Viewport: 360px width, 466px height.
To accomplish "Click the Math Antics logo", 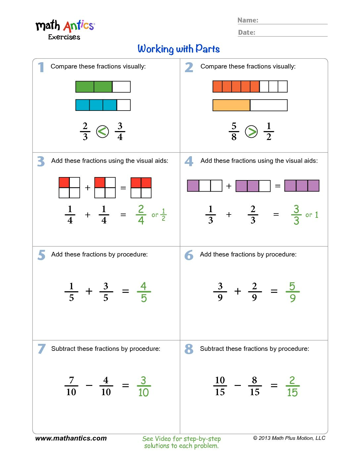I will coord(65,29).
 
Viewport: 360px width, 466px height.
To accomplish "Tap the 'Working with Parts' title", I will coord(179,49).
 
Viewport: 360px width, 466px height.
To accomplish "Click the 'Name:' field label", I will coord(248,20).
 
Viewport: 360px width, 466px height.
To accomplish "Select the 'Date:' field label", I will coord(247,32).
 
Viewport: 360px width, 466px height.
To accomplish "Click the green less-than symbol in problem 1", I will coord(103,132).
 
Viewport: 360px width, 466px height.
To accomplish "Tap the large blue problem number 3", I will coord(41,162).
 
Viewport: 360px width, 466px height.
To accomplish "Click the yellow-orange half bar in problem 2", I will coord(231,105).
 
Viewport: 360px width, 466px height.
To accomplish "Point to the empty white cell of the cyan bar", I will coord(124,105).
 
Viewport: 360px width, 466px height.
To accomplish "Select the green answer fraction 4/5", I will coord(144,292).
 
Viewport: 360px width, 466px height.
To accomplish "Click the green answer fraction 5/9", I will coord(292,292).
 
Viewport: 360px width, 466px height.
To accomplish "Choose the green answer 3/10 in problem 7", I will coord(144,386).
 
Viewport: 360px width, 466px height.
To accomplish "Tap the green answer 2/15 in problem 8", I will coord(292,386).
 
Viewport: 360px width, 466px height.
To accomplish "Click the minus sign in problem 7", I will coord(89,386).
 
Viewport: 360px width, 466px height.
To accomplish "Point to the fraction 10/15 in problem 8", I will coord(220,386).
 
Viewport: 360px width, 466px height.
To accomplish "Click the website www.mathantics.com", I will coord(71,438).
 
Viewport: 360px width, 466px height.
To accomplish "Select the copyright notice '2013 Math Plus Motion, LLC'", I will coord(290,438).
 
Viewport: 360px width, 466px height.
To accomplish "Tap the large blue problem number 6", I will coord(189,255).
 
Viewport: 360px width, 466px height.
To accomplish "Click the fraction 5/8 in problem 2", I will coord(234,131).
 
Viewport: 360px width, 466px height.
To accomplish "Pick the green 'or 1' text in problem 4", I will coord(312,215).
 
